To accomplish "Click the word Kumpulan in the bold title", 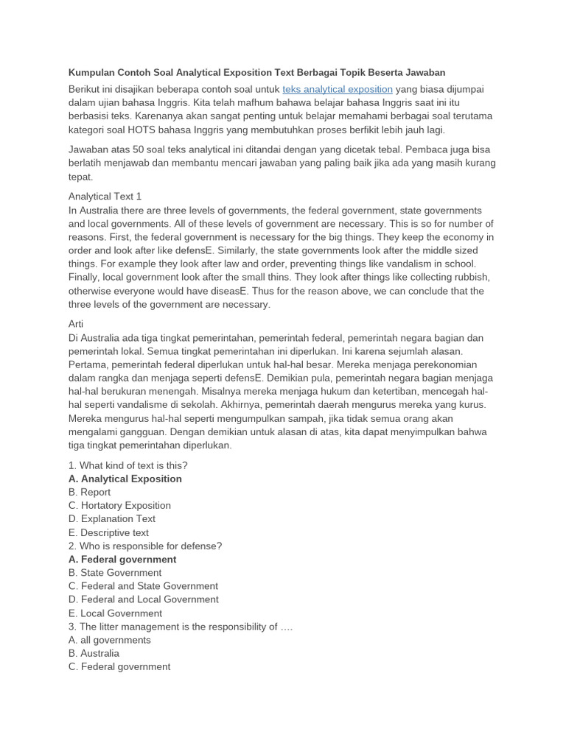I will [93, 72].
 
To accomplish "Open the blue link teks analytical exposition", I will [338, 89].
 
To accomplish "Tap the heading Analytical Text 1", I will [105, 197].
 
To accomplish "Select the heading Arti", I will [77, 325].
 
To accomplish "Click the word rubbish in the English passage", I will [470, 277].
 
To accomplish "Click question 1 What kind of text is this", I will [128, 465].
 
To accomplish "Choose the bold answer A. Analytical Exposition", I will [125, 479].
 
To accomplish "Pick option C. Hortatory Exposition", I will [119, 505].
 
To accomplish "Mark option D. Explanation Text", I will [112, 518].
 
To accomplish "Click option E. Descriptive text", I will [108, 532].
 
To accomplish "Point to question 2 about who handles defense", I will [145, 546].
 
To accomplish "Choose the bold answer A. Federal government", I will [122, 559].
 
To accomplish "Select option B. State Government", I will [115, 572].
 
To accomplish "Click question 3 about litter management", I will [181, 627].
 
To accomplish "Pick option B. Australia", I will [94, 653].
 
